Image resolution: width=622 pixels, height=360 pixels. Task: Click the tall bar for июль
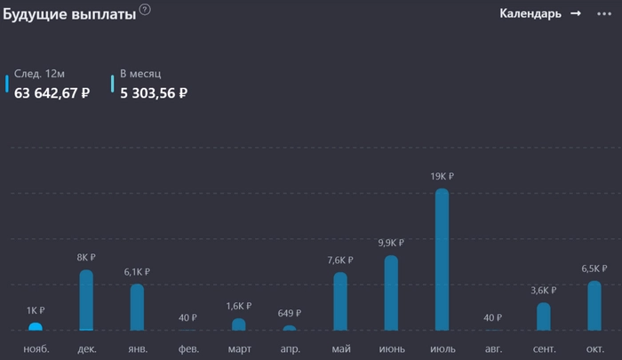click(x=442, y=260)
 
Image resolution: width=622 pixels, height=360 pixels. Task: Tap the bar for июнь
click(x=391, y=293)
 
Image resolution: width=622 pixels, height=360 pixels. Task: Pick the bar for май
click(x=340, y=301)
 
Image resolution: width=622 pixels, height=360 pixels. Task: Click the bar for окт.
click(x=594, y=306)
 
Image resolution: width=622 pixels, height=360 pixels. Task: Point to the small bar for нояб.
click(x=36, y=326)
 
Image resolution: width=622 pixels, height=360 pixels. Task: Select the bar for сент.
click(x=544, y=316)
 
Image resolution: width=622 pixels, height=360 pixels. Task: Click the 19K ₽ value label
click(x=442, y=176)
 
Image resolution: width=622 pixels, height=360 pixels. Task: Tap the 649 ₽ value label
click(x=290, y=313)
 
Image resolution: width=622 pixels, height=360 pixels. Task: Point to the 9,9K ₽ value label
click(x=391, y=243)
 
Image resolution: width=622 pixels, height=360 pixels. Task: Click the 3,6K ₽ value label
click(x=544, y=290)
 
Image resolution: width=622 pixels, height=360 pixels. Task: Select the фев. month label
click(x=187, y=348)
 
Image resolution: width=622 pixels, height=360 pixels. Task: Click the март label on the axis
click(x=239, y=348)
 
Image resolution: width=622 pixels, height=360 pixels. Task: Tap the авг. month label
click(x=492, y=348)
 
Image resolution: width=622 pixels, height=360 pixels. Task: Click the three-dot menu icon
click(x=604, y=13)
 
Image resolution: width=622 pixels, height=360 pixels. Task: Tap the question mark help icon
click(x=145, y=10)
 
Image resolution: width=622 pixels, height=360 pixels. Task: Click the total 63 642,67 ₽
click(x=52, y=92)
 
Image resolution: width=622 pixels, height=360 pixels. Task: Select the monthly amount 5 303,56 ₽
click(x=154, y=92)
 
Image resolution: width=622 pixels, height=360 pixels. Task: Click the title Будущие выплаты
click(x=68, y=14)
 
